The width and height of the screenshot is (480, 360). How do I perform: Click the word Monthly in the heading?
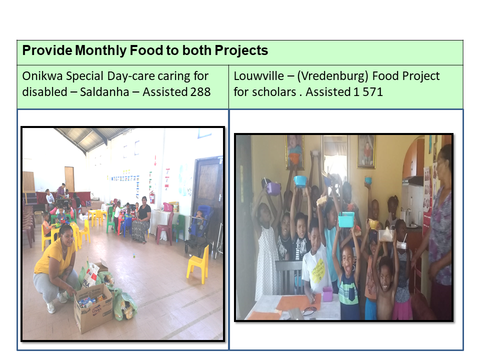tap(100, 50)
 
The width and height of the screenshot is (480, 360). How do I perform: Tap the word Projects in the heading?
tap(241, 50)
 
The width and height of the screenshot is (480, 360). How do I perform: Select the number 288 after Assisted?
tap(200, 92)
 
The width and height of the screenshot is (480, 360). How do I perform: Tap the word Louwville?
tap(258, 76)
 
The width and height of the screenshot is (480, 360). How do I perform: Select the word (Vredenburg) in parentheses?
tap(332, 76)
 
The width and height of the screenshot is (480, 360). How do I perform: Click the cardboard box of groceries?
tap(93, 307)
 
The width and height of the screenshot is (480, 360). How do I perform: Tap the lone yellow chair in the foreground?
tap(198, 264)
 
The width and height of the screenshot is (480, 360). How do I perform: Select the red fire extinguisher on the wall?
tap(152, 197)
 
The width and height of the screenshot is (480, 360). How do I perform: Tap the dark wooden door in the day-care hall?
tap(208, 190)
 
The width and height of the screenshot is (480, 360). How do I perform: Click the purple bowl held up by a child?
tap(273, 188)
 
